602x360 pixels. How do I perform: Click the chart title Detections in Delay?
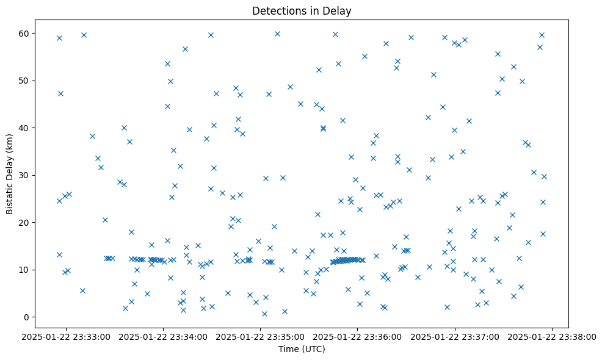coord(302,11)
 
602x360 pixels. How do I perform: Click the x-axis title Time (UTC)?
coord(302,349)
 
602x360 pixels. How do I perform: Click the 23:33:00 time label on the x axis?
coord(67,336)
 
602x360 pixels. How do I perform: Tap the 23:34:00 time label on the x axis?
coord(164,336)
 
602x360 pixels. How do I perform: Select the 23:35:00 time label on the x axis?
coord(261,336)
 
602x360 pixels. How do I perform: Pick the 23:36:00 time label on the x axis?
coord(358,336)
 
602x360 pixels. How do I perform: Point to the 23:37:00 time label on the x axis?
coord(455,336)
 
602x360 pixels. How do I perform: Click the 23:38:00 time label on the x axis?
coord(552,336)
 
